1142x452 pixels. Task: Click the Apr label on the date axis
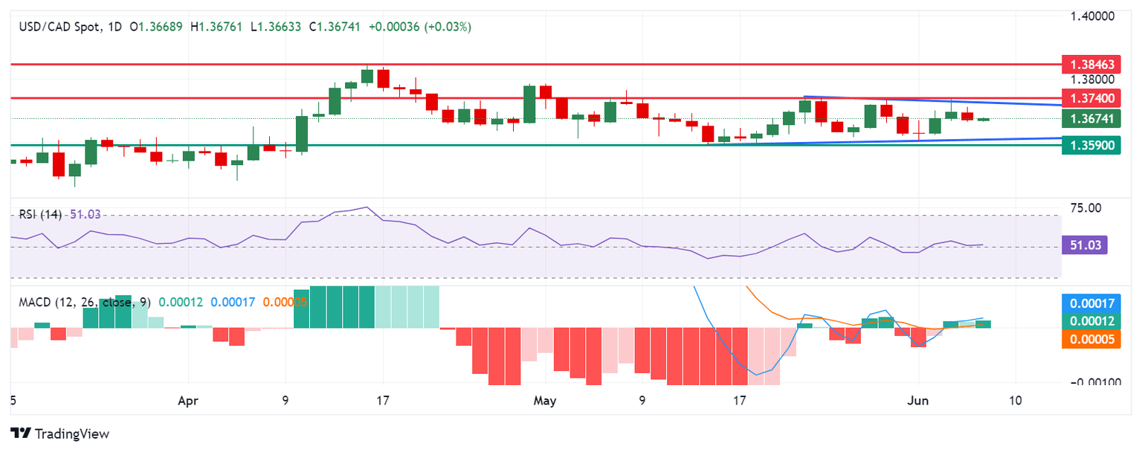[x=188, y=400]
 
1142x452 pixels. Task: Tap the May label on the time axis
[x=545, y=400]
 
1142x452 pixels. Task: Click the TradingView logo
[x=60, y=433]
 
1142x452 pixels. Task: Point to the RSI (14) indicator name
[x=41, y=214]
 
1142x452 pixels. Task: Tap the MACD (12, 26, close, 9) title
[x=83, y=303]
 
